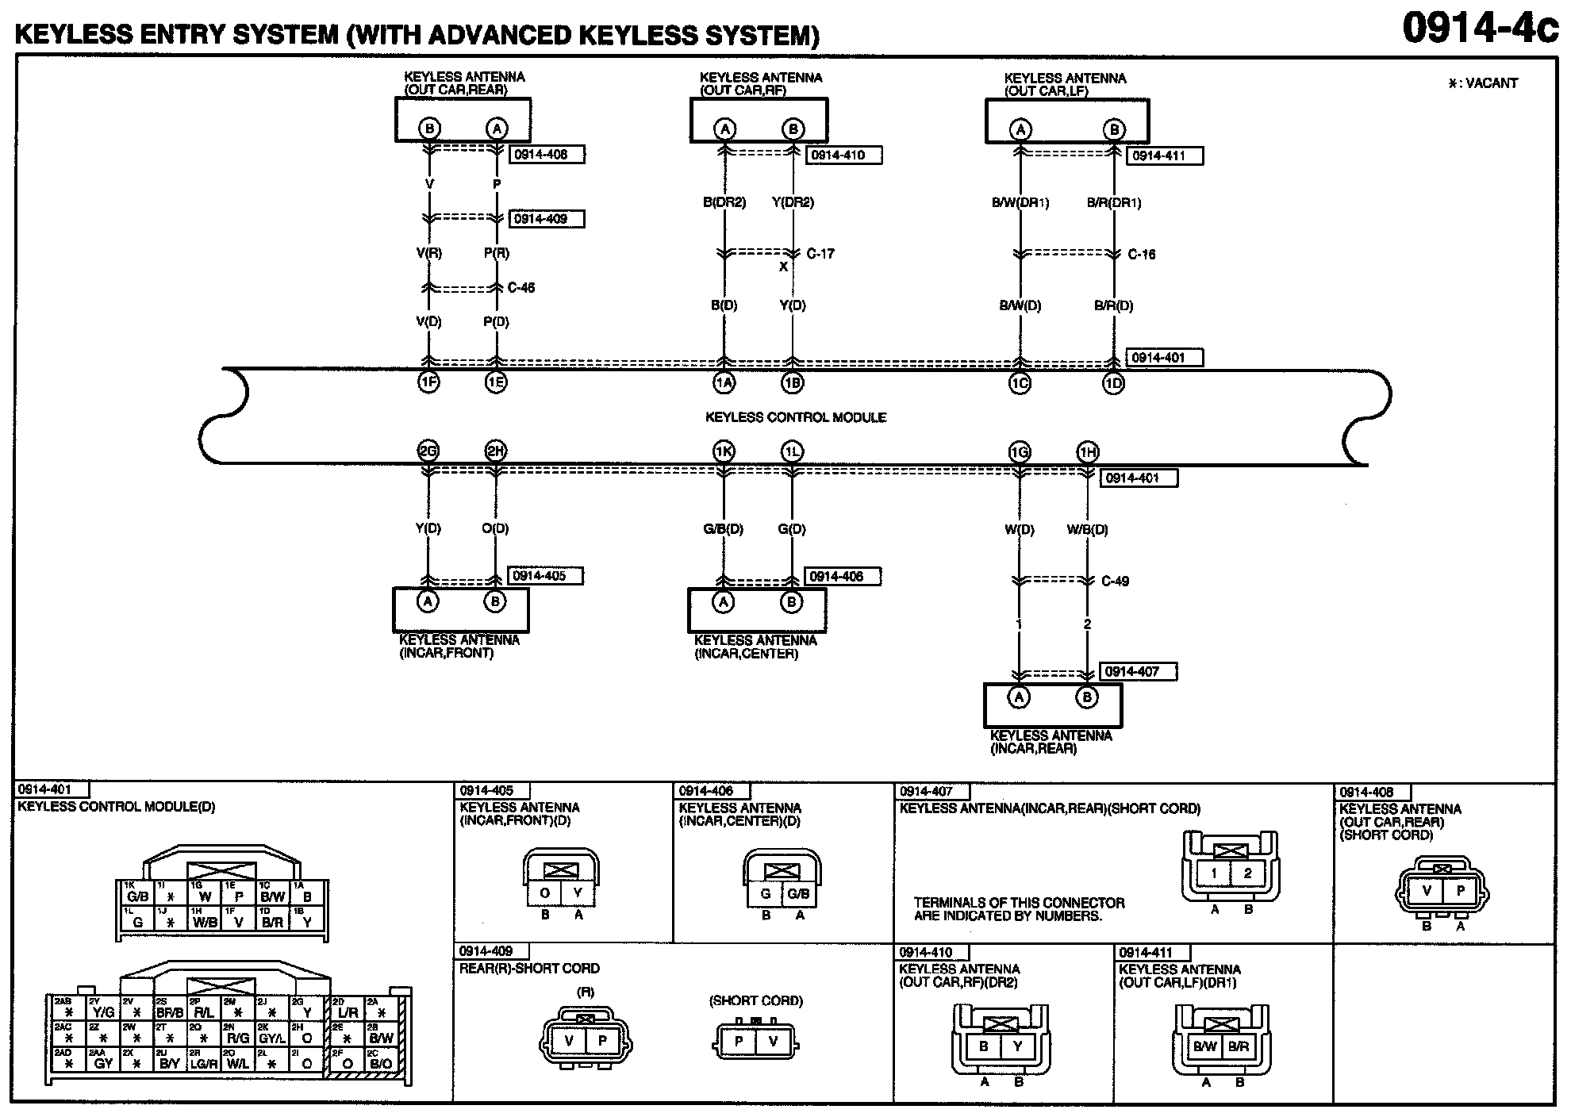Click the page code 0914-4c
[1480, 28]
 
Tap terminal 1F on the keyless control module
[428, 383]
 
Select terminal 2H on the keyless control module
[496, 452]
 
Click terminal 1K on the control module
[724, 452]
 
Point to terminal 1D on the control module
[1114, 384]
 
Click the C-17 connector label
[820, 254]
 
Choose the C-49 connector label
[1115, 582]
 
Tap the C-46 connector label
[521, 287]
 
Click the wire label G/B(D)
[724, 529]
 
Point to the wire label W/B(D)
[1087, 530]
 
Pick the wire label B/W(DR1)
[1020, 203]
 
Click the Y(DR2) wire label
[793, 202]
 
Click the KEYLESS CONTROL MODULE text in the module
[796, 417]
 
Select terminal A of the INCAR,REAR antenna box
[1019, 697]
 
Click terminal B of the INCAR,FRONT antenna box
[495, 601]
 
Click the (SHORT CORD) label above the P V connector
[755, 1001]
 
